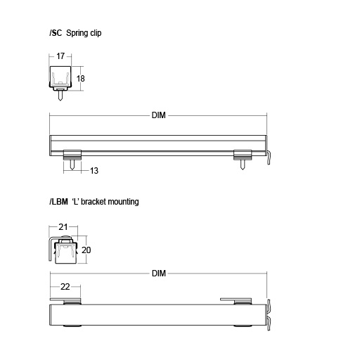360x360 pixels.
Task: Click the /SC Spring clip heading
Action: tap(75, 32)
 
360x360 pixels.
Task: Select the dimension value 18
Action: tap(81, 79)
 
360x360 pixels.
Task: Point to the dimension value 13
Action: tap(94, 171)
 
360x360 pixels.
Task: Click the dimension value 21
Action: tap(63, 227)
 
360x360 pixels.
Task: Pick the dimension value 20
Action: tap(87, 250)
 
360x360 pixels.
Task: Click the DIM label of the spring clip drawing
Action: tap(158, 115)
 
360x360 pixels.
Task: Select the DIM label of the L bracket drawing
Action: tap(158, 274)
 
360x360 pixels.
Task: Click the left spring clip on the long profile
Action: tap(73, 154)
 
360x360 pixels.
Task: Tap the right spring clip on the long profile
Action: tap(243, 154)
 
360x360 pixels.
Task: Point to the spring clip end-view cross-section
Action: tap(61, 77)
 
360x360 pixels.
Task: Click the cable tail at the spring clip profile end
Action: tap(269, 157)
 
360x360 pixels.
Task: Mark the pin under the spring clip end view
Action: tap(61, 96)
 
